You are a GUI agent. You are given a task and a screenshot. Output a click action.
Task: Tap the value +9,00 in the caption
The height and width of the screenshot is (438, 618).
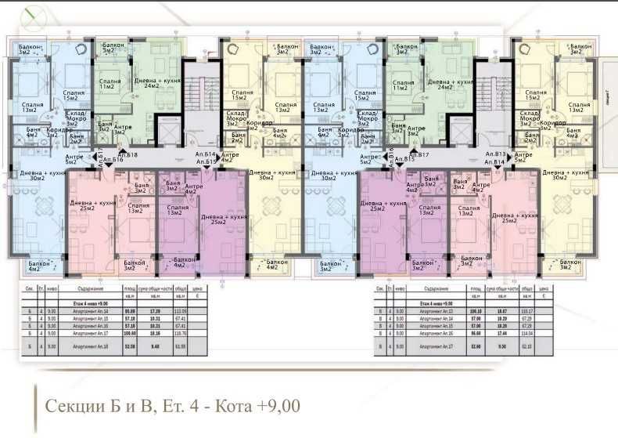pos(274,407)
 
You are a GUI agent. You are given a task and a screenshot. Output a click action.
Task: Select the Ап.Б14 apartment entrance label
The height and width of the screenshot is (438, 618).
pos(205,156)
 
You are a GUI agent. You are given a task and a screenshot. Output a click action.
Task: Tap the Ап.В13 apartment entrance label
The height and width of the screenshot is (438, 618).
pos(497,155)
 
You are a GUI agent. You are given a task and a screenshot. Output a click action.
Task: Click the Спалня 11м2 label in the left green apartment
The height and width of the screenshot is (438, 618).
pos(110,85)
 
